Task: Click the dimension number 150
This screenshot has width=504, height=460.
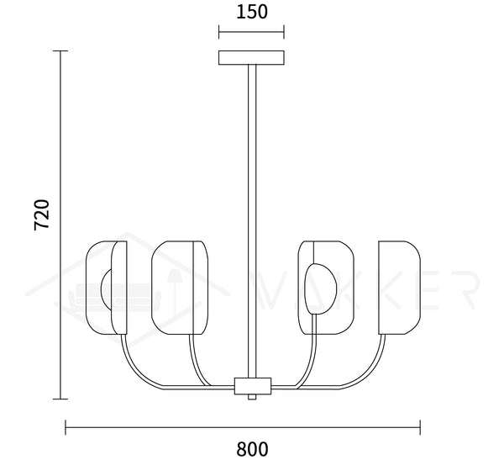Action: click(x=252, y=12)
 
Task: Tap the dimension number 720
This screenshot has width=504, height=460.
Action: click(x=42, y=214)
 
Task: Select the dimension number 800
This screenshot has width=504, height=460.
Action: click(x=252, y=449)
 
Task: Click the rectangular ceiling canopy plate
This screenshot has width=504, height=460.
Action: click(x=251, y=58)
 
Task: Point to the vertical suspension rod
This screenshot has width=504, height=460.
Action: click(x=252, y=221)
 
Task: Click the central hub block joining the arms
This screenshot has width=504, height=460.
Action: click(x=253, y=386)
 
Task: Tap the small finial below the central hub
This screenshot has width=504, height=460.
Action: click(x=252, y=397)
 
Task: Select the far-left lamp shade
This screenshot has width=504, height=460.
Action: click(x=107, y=288)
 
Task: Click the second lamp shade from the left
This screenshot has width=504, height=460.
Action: click(x=180, y=288)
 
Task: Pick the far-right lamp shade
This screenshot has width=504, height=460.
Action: click(x=400, y=288)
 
